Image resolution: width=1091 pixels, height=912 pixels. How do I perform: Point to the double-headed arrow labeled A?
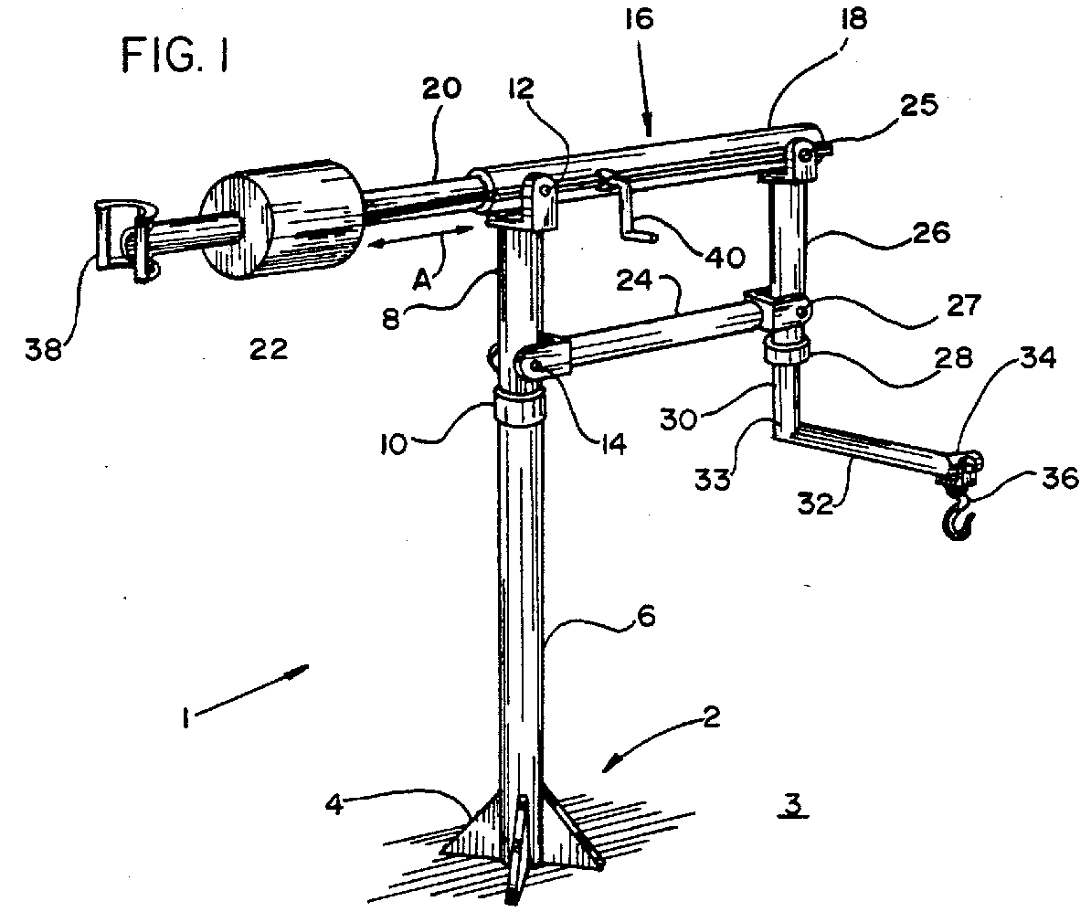pyautogui.click(x=419, y=238)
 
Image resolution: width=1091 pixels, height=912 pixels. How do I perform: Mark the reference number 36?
pyautogui.click(x=1060, y=478)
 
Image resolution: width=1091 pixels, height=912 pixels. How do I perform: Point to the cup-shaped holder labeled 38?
pyautogui.click(x=119, y=240)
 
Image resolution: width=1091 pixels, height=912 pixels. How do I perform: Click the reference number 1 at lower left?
pyautogui.click(x=185, y=719)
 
